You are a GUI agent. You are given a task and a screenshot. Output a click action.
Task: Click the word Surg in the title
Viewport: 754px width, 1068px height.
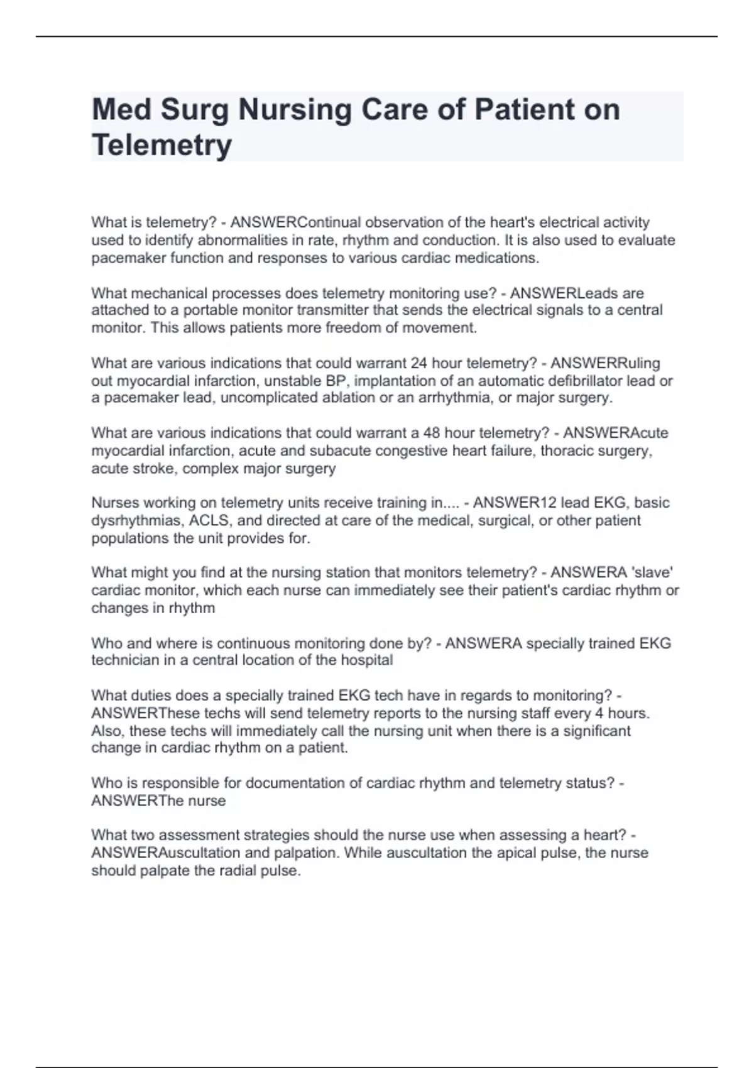click(x=195, y=111)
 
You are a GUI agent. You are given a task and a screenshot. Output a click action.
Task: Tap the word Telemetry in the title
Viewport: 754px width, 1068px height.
click(x=161, y=145)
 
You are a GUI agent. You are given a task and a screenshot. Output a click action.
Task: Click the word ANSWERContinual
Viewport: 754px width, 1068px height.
click(x=296, y=222)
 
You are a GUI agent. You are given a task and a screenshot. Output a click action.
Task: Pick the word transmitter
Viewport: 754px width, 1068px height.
click(x=332, y=310)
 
